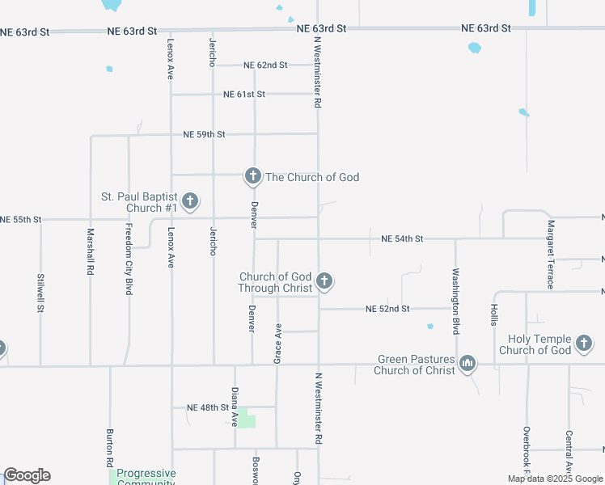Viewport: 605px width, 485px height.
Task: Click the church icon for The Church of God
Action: pyautogui.click(x=252, y=176)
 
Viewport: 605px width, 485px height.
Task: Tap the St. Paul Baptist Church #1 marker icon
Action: pyautogui.click(x=190, y=201)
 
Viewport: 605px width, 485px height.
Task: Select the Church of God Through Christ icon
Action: pyautogui.click(x=324, y=281)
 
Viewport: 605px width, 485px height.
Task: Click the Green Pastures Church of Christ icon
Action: pyautogui.click(x=467, y=365)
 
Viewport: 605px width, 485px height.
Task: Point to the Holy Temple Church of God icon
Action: pyautogui.click(x=584, y=344)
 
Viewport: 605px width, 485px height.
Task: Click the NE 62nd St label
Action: pyautogui.click(x=265, y=65)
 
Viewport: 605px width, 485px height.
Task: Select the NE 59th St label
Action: pyautogui.click(x=204, y=134)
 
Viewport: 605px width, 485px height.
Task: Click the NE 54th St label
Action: pyautogui.click(x=402, y=239)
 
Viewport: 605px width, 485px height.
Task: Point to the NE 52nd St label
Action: pyautogui.click(x=387, y=309)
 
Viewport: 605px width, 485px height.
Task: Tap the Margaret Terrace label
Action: pyautogui.click(x=551, y=254)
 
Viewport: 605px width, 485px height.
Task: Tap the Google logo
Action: pyautogui.click(x=27, y=475)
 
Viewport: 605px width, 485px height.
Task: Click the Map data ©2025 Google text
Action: pyautogui.click(x=554, y=479)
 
